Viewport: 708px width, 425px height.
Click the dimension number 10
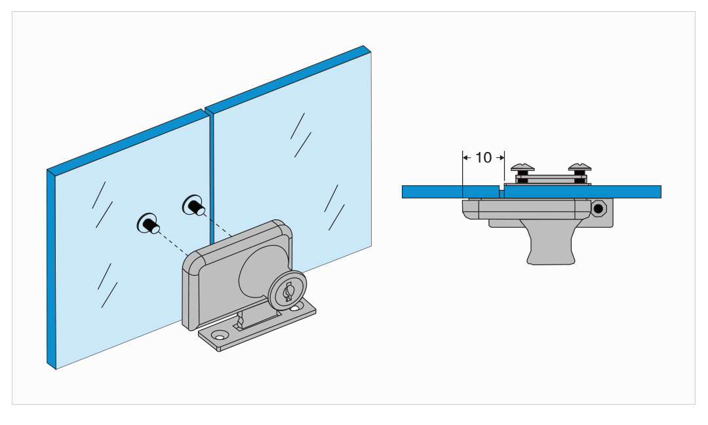pos(483,157)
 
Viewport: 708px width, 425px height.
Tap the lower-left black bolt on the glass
pos(149,223)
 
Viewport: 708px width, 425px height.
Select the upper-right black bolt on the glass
pos(193,206)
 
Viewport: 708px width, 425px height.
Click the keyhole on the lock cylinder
pos(288,292)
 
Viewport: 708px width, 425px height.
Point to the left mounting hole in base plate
pos(220,337)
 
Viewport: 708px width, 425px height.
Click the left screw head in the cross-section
pos(522,168)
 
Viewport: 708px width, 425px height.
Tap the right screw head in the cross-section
pos(580,168)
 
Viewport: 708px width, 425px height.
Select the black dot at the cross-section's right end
pos(599,208)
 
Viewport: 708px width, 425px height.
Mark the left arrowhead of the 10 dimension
pos(465,157)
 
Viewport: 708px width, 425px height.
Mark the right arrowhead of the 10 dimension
pos(501,157)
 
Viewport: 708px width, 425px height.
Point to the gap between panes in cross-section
pos(501,194)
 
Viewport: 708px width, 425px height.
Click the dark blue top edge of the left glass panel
pos(128,140)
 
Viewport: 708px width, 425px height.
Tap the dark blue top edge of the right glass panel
pos(288,80)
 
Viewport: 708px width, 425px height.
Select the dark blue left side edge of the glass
pos(52,269)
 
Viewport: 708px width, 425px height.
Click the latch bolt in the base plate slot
pos(239,323)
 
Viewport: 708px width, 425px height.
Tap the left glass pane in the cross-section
pos(450,192)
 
